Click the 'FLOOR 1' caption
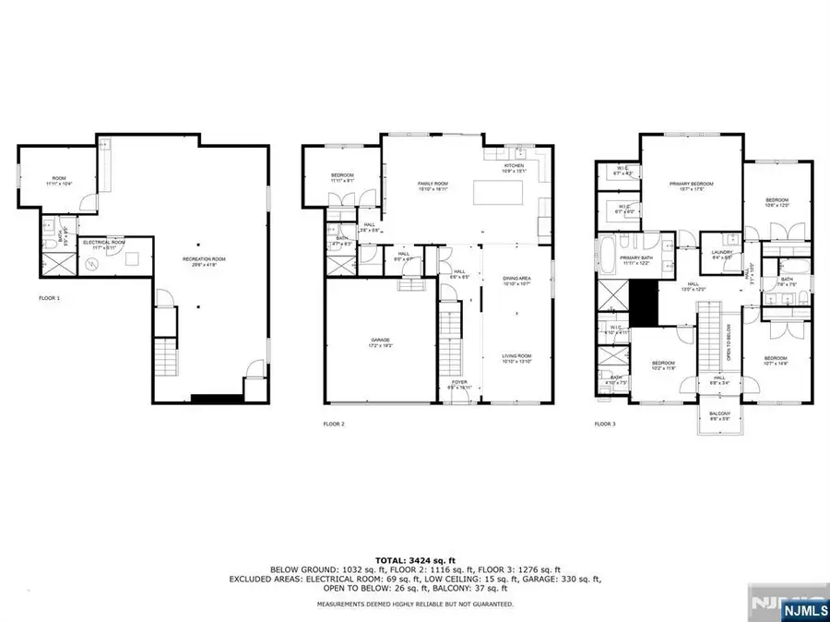pos(49,298)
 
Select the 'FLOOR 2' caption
pos(333,424)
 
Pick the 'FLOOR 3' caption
pos(605,424)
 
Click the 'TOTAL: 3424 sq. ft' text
pos(414,560)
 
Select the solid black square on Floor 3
pos(642,301)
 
